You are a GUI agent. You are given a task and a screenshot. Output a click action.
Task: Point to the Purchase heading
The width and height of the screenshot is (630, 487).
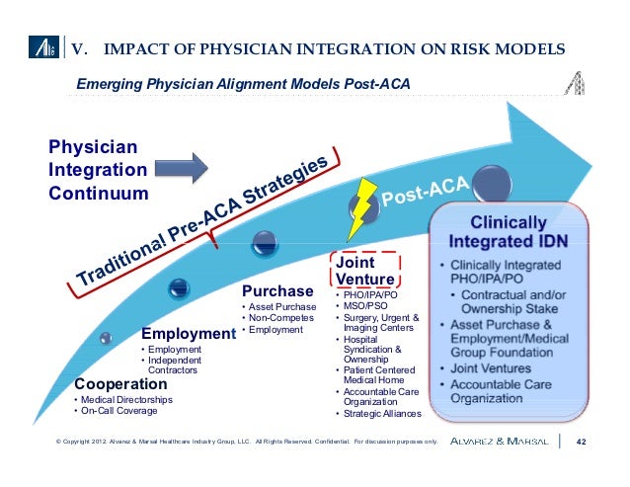(x=277, y=291)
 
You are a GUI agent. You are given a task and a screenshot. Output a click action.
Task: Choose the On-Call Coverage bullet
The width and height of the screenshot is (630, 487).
(x=118, y=411)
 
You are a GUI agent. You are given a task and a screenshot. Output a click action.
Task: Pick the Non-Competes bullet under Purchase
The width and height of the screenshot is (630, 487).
(x=280, y=319)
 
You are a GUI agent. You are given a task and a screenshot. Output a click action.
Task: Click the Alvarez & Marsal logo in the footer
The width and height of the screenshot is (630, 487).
(x=501, y=442)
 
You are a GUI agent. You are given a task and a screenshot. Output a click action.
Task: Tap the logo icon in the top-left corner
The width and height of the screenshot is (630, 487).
(x=46, y=46)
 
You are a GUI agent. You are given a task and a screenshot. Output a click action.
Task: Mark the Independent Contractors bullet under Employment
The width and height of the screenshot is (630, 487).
(x=177, y=365)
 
